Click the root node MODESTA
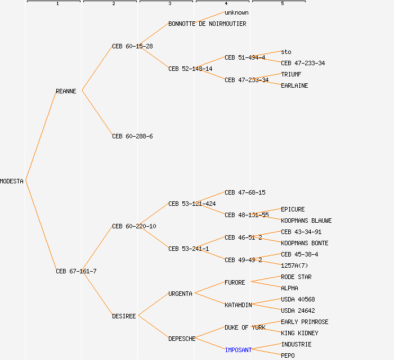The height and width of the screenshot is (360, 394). (12, 181)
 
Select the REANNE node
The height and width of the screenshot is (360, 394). (66, 91)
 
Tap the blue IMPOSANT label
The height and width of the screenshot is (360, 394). (238, 350)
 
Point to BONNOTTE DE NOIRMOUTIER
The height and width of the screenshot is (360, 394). (207, 24)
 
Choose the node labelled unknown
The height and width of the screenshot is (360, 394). (236, 12)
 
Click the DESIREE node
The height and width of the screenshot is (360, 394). (124, 316)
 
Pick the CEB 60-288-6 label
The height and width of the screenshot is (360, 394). (132, 136)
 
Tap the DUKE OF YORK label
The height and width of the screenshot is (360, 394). (245, 327)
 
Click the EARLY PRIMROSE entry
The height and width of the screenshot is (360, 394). (305, 322)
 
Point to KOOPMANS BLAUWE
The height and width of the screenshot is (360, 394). (306, 220)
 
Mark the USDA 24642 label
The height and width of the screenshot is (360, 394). (298, 310)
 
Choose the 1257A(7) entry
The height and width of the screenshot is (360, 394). (294, 265)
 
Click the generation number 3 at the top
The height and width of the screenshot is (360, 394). (169, 4)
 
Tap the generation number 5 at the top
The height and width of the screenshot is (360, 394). (282, 4)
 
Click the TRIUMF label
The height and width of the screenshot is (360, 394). (291, 74)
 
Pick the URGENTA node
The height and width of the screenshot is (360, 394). (180, 294)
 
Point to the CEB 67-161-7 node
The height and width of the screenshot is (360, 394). (76, 271)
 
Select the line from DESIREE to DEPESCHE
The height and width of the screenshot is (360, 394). (153, 327)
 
